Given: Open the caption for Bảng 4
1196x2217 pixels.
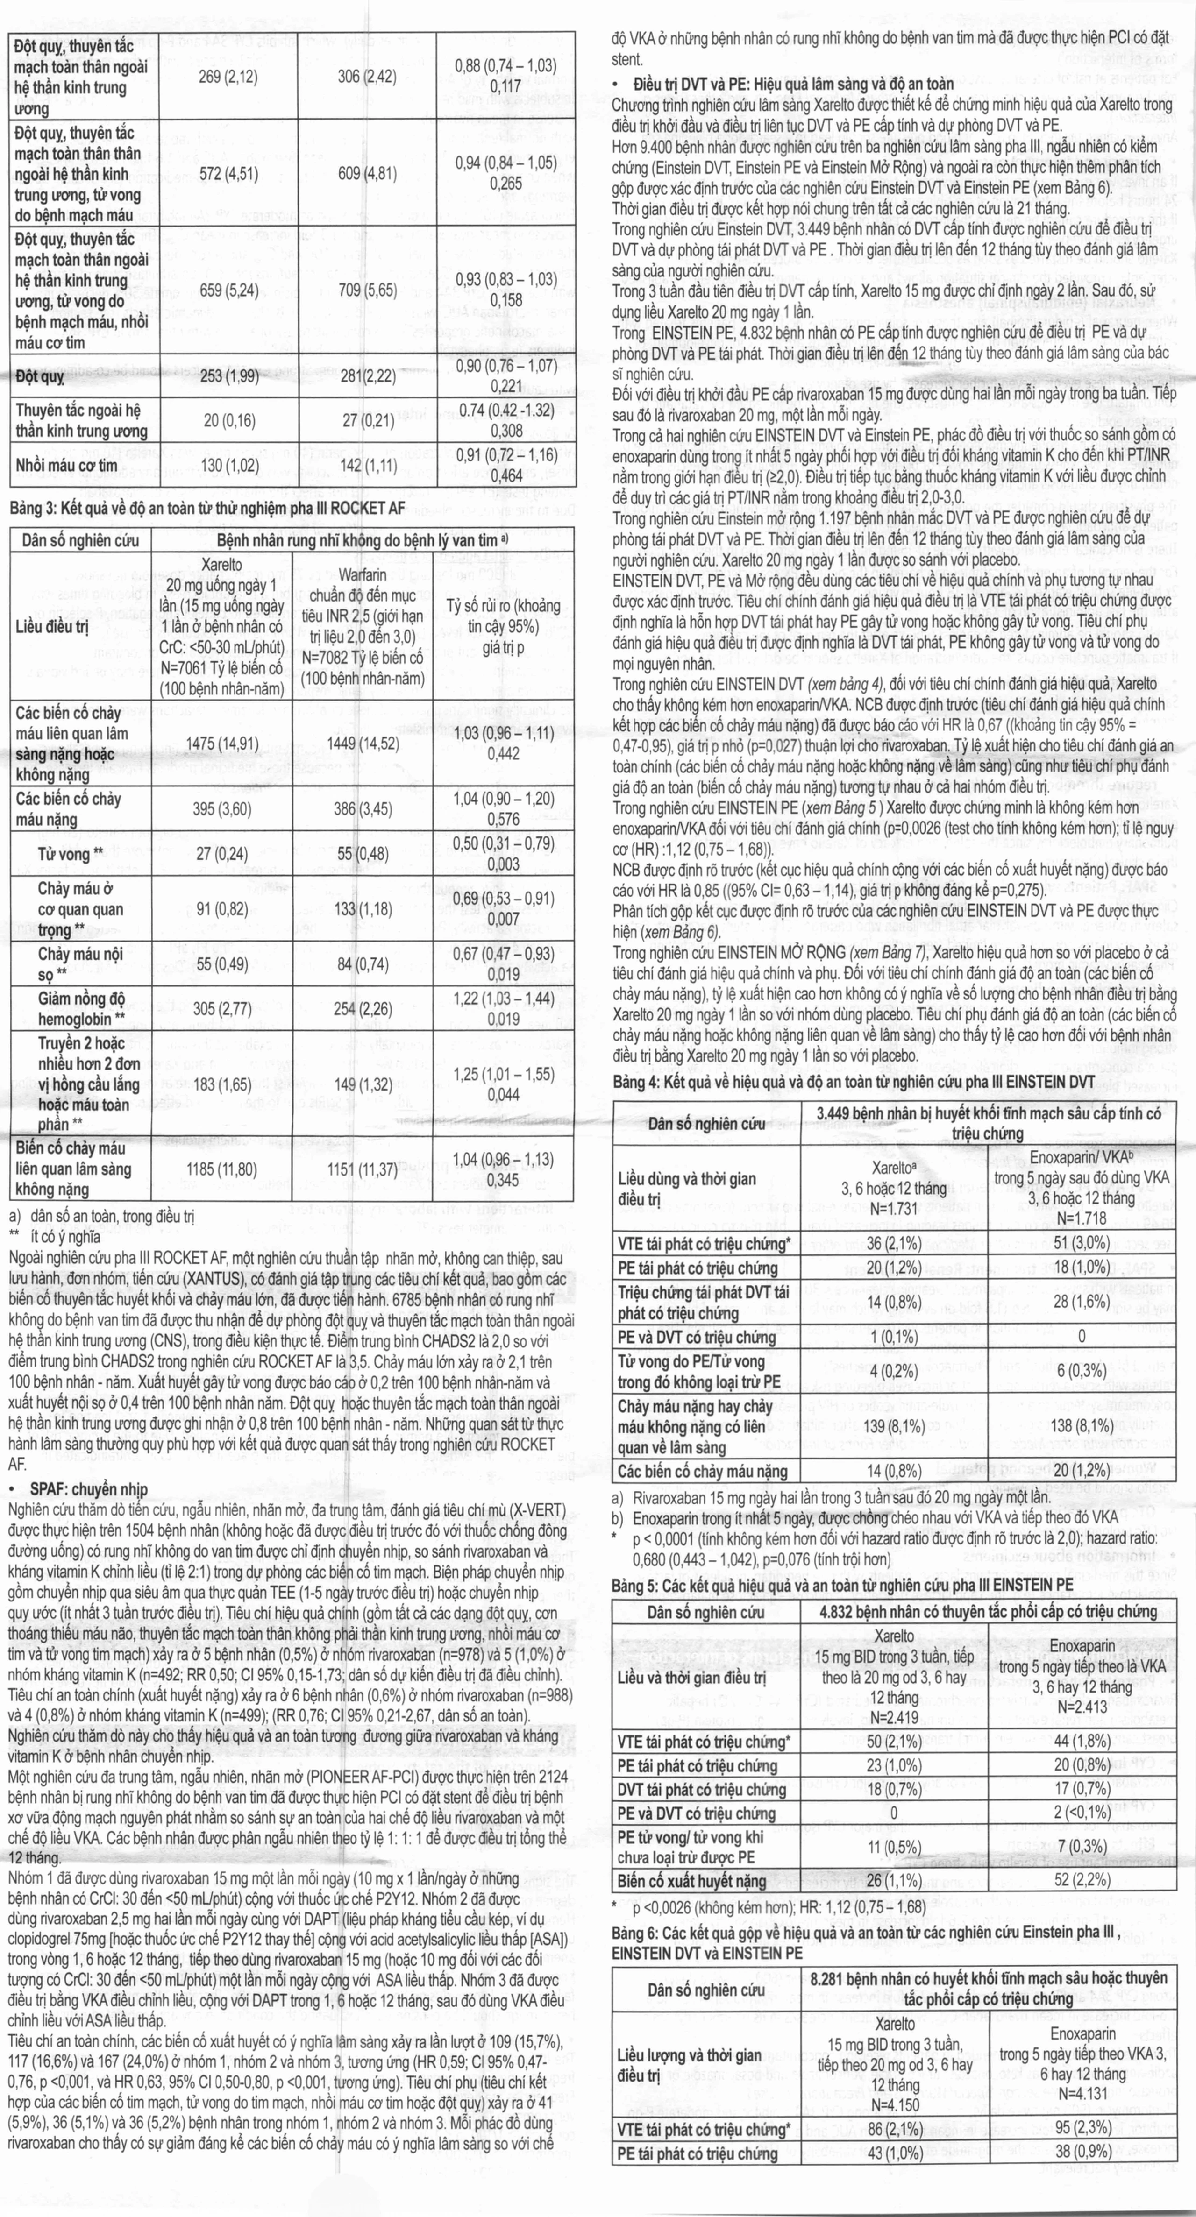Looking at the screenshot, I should click(853, 1082).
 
